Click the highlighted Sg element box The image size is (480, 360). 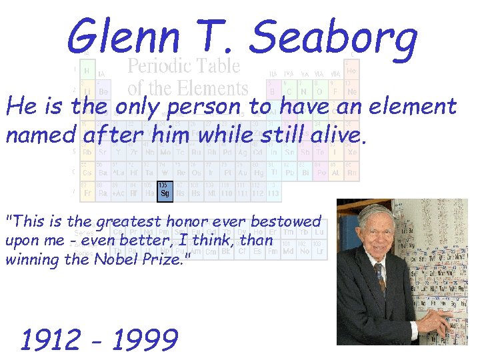point(164,192)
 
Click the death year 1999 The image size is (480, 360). point(145,339)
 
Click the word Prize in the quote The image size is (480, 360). point(166,259)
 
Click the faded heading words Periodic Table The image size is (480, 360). point(183,66)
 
